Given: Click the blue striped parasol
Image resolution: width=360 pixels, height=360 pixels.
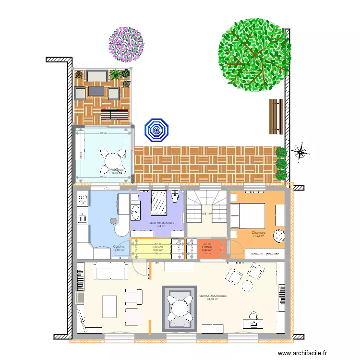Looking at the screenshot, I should pyautogui.click(x=156, y=130).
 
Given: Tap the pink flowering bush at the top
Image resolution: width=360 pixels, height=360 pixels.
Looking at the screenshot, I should pyautogui.click(x=126, y=44).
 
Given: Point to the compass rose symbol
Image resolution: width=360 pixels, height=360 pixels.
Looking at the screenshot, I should pyautogui.click(x=301, y=152).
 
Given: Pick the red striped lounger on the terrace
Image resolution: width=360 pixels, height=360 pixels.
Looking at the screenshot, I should pyautogui.click(x=115, y=114).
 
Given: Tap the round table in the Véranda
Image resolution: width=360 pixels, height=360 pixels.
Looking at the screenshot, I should pyautogui.click(x=111, y=160).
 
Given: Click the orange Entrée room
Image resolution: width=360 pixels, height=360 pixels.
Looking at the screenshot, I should pyautogui.click(x=207, y=248).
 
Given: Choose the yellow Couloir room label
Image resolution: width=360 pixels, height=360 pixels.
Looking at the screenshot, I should pyautogui.click(x=158, y=247).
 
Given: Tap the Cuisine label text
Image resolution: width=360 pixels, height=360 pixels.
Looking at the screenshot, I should pyautogui.click(x=119, y=246).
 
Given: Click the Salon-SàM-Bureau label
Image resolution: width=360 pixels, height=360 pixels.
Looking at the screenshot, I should pyautogui.click(x=212, y=296).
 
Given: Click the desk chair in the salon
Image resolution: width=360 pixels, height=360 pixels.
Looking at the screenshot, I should pyautogui.click(x=252, y=315).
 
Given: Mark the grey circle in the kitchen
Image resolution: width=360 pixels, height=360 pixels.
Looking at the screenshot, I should pyautogui.click(x=114, y=221).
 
